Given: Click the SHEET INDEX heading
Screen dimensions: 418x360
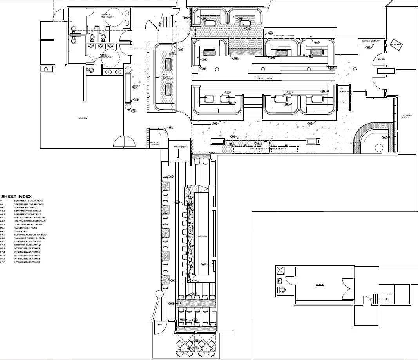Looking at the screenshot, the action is [x=17, y=196].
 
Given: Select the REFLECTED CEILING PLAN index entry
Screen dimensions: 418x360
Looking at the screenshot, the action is [x=29, y=218].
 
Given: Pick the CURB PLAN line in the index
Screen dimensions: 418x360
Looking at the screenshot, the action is [x=21, y=231].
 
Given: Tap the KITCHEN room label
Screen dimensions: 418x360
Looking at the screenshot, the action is [x=82, y=118].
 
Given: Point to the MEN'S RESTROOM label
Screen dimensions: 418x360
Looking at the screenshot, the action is [x=106, y=56].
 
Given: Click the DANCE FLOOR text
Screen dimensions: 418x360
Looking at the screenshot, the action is [x=264, y=79].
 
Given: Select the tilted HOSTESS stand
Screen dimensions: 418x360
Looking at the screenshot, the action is [x=396, y=44].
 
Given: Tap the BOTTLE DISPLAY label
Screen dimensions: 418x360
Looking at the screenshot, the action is [x=370, y=41].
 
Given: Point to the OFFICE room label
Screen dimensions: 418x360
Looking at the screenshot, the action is [x=320, y=284].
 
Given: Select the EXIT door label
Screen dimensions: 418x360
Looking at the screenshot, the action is [x=160, y=325].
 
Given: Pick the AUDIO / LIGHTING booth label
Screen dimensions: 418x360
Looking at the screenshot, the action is [x=154, y=144].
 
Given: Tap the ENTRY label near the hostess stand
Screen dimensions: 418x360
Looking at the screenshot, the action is [x=382, y=59].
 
